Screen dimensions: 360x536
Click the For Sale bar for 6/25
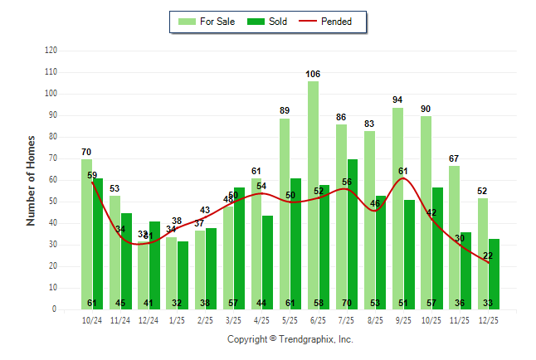pos(313,195)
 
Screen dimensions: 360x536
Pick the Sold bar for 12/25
pos(494,274)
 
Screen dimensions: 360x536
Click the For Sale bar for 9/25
pos(397,208)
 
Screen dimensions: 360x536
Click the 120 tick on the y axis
pos(51,51)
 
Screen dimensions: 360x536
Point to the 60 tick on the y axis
pos(53,180)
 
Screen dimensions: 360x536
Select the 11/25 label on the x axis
pos(460,319)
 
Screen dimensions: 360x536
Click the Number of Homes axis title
pos(31,180)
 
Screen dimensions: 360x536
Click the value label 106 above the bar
pos(313,74)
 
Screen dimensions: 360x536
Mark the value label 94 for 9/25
pos(397,100)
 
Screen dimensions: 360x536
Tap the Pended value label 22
pos(488,255)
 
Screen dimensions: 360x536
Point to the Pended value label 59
pos(92,175)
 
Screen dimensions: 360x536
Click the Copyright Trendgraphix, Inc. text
pos(290,339)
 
